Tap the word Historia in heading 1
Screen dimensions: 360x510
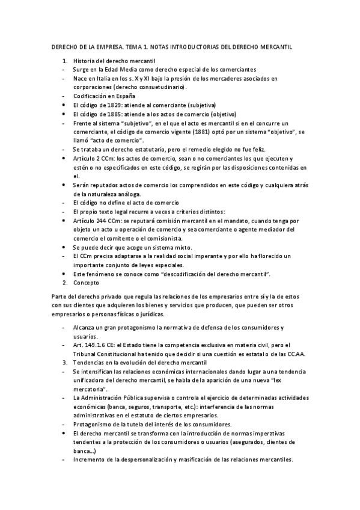coord(84,61)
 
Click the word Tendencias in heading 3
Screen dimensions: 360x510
coord(91,363)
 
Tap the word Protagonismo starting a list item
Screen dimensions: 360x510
coord(95,425)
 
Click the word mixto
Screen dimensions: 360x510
coord(182,247)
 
